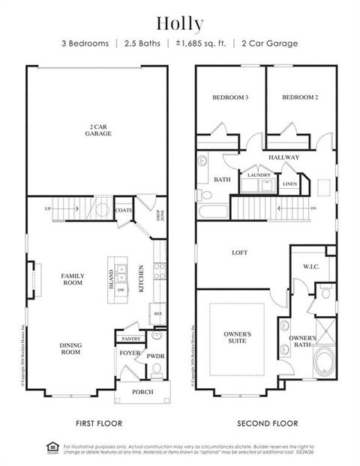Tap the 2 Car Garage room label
click(99, 130)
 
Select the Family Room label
click(73, 279)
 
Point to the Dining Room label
click(70, 348)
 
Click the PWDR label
click(155, 356)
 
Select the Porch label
click(142, 392)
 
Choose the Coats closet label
click(124, 211)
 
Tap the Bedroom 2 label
click(301, 97)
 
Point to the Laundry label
click(258, 175)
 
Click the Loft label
click(240, 253)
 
